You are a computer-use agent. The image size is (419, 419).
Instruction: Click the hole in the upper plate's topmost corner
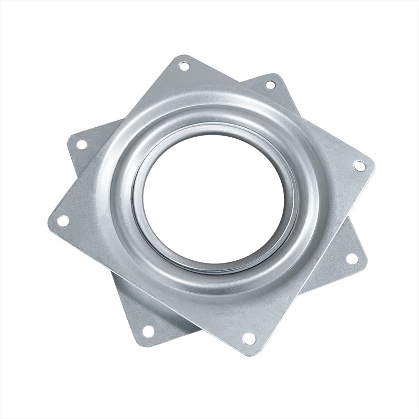click(184, 66)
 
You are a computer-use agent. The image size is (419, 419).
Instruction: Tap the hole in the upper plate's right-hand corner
click(359, 166)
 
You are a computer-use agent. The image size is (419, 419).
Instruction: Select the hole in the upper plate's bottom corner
click(249, 339)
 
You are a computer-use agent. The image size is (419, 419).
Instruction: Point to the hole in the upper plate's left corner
click(63, 220)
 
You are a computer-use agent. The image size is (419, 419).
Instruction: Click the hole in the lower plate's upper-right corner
click(270, 84)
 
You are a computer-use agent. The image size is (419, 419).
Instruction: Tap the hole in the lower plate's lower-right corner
click(352, 259)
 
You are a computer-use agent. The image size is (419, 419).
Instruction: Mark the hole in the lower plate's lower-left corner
click(148, 331)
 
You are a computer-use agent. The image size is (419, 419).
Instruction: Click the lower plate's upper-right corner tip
click(275, 76)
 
